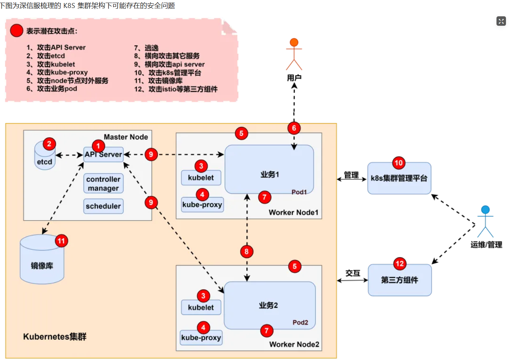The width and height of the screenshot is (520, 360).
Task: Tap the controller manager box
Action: coord(103,184)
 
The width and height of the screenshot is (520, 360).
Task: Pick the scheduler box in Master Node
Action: coord(103,206)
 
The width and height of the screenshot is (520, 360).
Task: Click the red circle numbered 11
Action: coord(61,241)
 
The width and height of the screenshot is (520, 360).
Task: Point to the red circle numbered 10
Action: coord(398,163)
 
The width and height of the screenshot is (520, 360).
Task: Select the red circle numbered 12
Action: coord(399,264)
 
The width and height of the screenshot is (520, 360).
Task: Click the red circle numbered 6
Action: coord(294,128)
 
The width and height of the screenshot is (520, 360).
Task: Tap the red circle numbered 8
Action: coord(247,252)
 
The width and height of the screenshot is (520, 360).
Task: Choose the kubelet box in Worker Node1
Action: coord(201,178)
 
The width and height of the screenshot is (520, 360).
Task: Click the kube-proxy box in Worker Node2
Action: coord(201,338)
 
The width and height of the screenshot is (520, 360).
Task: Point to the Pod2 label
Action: coord(300,322)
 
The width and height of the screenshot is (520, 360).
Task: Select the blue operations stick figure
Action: coord(485,222)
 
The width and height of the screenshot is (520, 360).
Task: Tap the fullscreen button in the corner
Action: coord(501,21)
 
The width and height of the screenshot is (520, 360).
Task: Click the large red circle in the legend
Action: coord(17,31)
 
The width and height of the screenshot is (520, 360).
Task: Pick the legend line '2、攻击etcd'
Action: coord(46,56)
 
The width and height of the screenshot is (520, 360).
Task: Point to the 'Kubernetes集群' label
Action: coord(55,337)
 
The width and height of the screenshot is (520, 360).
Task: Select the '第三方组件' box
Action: coord(400,280)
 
